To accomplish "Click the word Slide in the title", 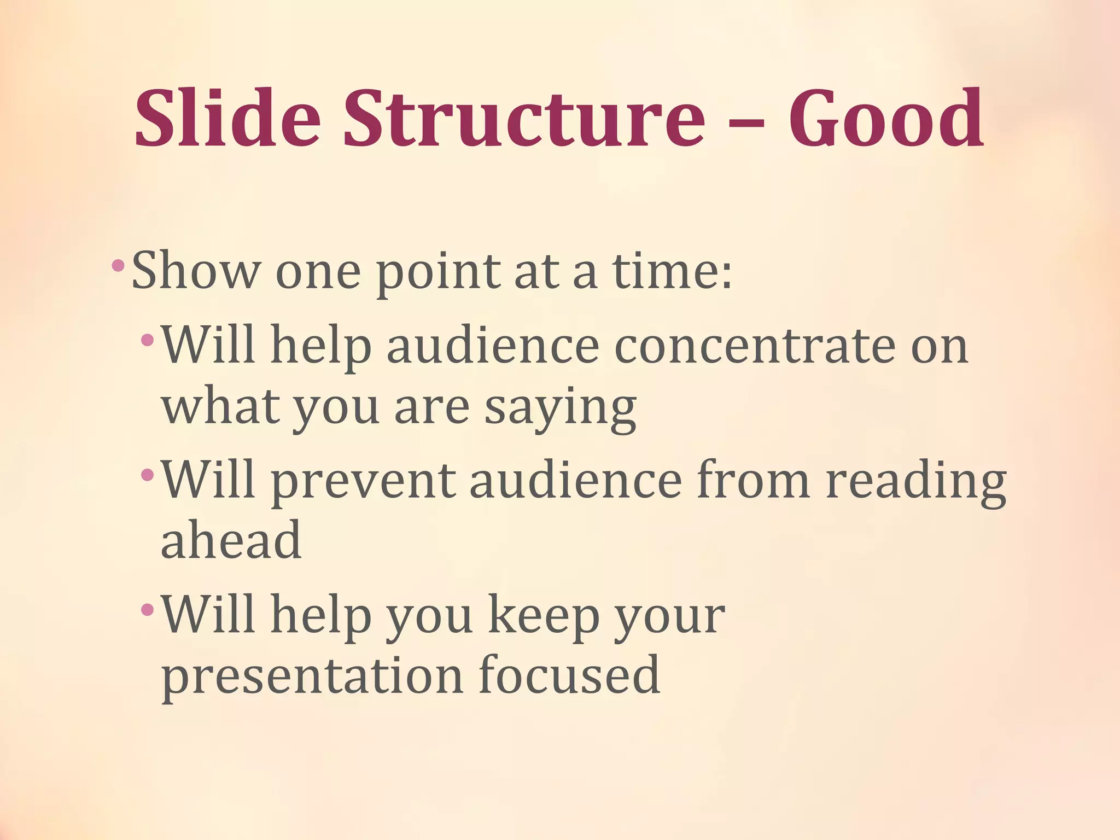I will (x=227, y=119).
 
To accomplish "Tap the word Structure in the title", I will (x=524, y=119).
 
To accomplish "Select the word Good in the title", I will (x=886, y=119).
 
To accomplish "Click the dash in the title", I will (x=746, y=123).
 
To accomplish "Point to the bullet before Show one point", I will (x=118, y=266).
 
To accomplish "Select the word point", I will (x=438, y=273).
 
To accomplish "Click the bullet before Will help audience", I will (x=148, y=340).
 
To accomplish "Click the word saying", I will (x=561, y=409).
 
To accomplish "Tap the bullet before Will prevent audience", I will (x=148, y=474).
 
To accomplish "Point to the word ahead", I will (x=231, y=540).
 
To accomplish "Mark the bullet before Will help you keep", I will (x=148, y=609).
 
